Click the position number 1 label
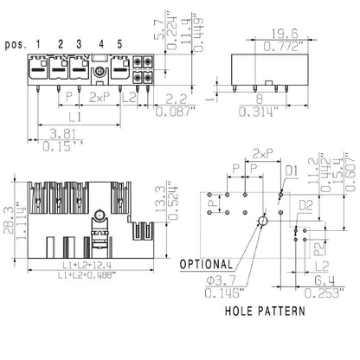coord(41,42)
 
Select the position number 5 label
coord(120,42)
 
